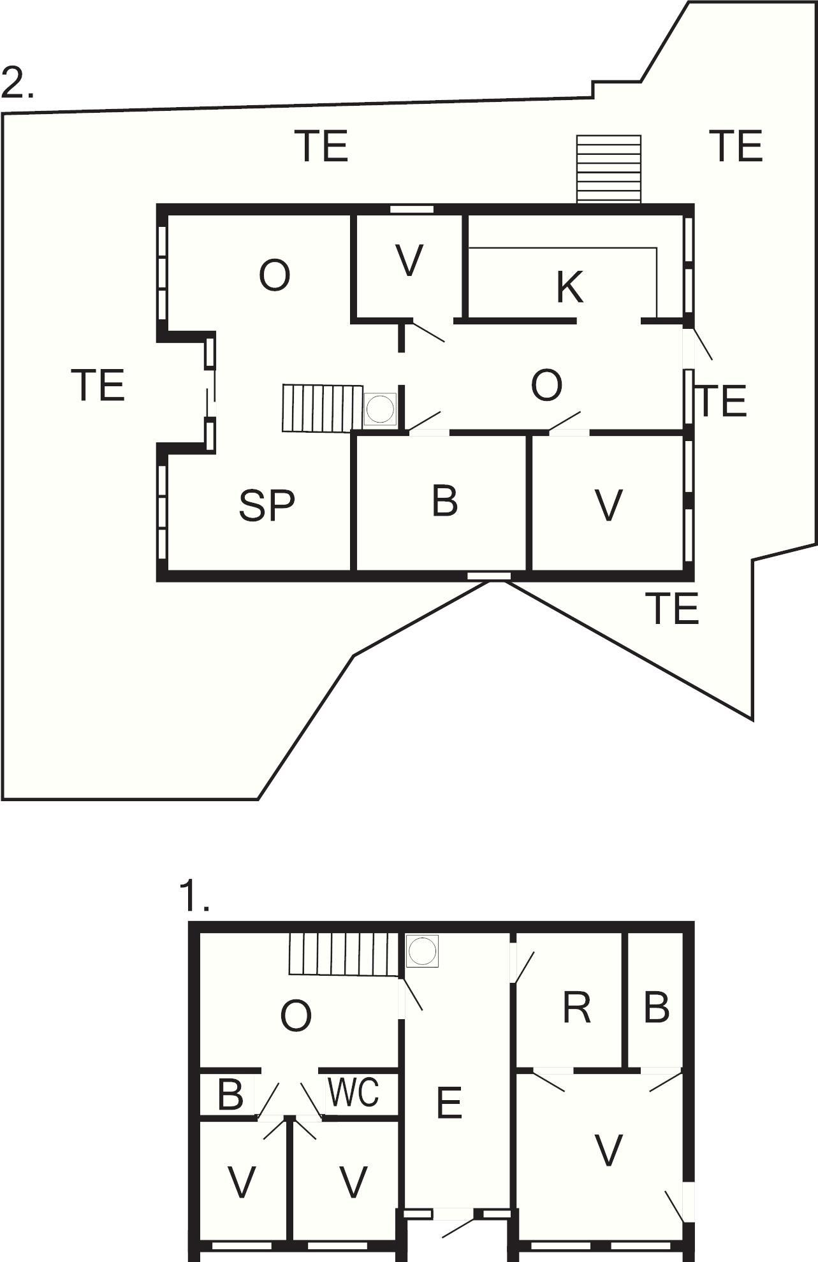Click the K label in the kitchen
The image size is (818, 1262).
coord(569,287)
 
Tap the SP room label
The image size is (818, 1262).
coord(267,505)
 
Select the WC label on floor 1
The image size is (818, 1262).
coord(354,1092)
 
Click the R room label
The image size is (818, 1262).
coord(576,1008)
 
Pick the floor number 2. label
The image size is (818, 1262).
coord(17,83)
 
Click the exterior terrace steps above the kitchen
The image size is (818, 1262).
coord(608,169)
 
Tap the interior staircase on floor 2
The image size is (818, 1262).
coord(323,408)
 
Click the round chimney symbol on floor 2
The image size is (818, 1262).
coord(381,409)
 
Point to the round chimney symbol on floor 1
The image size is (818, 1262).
coord(421,950)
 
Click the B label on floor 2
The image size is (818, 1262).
coord(444,501)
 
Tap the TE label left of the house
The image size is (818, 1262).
coord(98,385)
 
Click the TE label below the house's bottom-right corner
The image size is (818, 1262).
coord(672,608)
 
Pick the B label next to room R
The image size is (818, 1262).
coord(656,1008)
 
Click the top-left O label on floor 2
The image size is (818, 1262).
coord(275,276)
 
